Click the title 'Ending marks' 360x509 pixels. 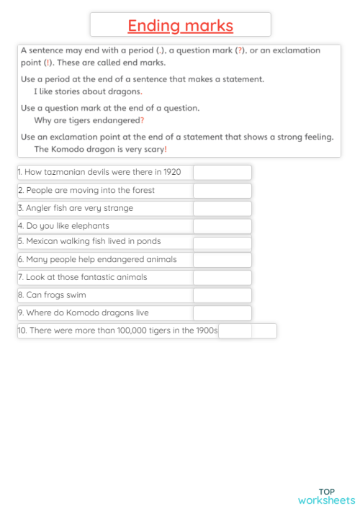pyautogui.click(x=180, y=26)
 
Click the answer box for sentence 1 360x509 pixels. pyautogui.click(x=222, y=173)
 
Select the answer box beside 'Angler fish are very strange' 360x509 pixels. pyautogui.click(x=222, y=208)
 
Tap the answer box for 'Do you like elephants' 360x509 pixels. pyautogui.click(x=222, y=226)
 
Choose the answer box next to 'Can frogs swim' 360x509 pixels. pyautogui.click(x=222, y=295)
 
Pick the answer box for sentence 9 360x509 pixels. pyautogui.click(x=222, y=313)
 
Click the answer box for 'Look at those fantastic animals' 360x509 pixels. pyautogui.click(x=222, y=277)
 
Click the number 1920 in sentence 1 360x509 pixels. pyautogui.click(x=171, y=173)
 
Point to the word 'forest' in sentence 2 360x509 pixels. pyautogui.click(x=140, y=191)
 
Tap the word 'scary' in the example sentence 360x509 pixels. pyautogui.click(x=153, y=149)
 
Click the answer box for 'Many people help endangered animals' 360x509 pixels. pyautogui.click(x=222, y=259)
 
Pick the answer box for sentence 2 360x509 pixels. pyautogui.click(x=222, y=191)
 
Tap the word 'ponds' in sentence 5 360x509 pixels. pyautogui.click(x=148, y=241)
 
